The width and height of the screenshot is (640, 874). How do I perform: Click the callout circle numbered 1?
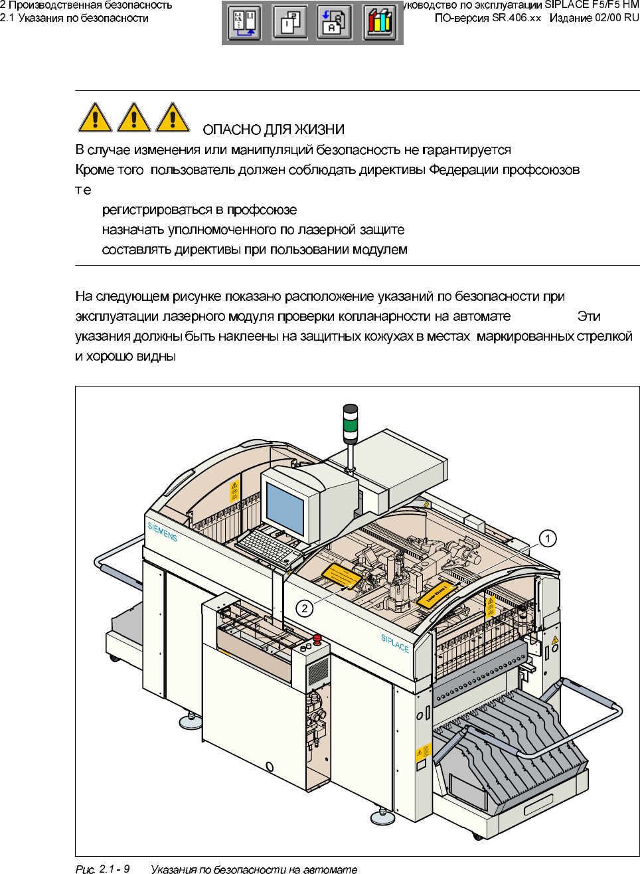point(547,538)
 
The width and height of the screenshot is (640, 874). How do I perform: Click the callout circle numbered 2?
point(304,608)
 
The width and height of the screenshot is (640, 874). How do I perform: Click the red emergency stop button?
point(317,639)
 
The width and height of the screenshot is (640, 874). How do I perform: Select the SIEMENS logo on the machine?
point(162,532)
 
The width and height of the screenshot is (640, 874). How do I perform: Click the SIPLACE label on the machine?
point(395,643)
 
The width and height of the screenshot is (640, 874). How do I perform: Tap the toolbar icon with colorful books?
point(379,22)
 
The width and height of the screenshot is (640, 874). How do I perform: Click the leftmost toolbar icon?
point(244,22)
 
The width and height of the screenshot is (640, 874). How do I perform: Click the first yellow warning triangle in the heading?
point(95,118)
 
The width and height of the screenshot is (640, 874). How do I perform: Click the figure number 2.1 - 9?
point(114,869)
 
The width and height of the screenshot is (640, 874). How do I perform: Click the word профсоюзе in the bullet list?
point(262,210)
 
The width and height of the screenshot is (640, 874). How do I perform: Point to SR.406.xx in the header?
point(517,18)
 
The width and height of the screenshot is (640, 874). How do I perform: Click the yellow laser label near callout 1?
point(436,594)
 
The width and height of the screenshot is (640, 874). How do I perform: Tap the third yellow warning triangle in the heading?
point(173,118)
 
